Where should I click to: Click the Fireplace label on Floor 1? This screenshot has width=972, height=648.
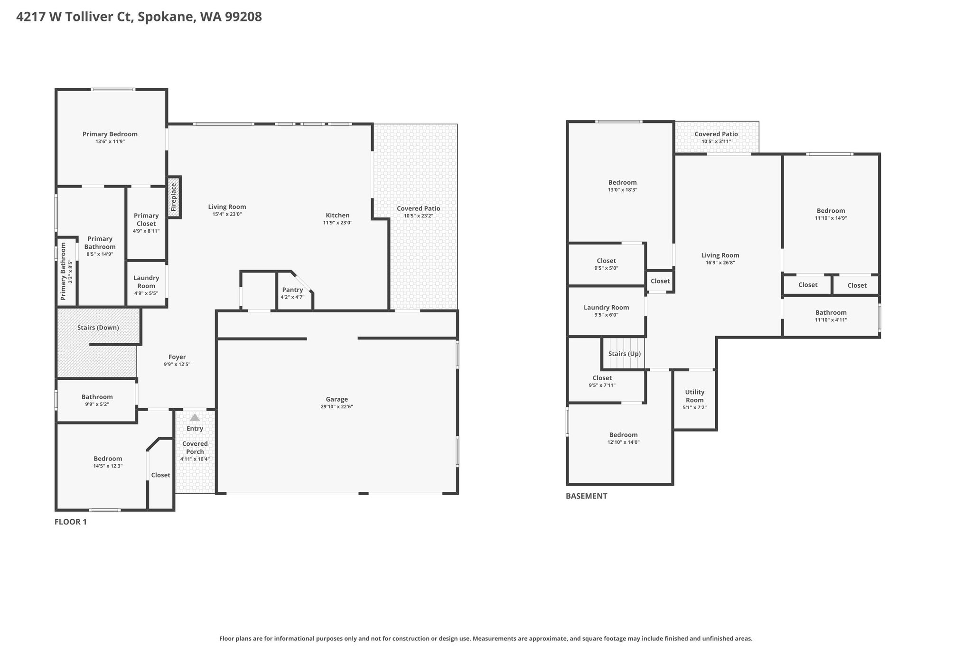(x=174, y=197)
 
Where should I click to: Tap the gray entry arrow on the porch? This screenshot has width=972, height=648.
(x=195, y=417)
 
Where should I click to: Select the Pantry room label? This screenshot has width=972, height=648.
(x=292, y=290)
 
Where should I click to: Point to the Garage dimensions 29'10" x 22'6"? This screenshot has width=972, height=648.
(x=336, y=407)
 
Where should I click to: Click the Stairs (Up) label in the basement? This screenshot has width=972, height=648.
(x=625, y=354)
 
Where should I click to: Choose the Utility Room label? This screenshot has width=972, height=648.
(x=695, y=396)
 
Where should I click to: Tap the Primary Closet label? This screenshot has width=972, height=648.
(x=146, y=219)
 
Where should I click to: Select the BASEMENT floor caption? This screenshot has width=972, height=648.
(x=586, y=496)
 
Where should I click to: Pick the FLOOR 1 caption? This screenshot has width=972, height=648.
(x=71, y=522)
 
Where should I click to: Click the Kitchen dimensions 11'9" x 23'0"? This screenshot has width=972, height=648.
(x=337, y=223)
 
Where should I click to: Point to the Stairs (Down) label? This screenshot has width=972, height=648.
(x=98, y=328)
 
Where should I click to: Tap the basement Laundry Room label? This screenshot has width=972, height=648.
(x=606, y=307)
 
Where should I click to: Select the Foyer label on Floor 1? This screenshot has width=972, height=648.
(x=177, y=357)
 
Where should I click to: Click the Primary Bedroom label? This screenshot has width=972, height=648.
(x=110, y=134)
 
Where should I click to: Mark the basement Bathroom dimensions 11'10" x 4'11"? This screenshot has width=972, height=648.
(x=831, y=320)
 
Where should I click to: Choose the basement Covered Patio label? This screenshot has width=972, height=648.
(x=716, y=134)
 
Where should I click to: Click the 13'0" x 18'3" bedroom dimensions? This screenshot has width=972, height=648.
(x=623, y=190)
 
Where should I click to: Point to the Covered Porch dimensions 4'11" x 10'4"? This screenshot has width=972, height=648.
(x=195, y=459)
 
